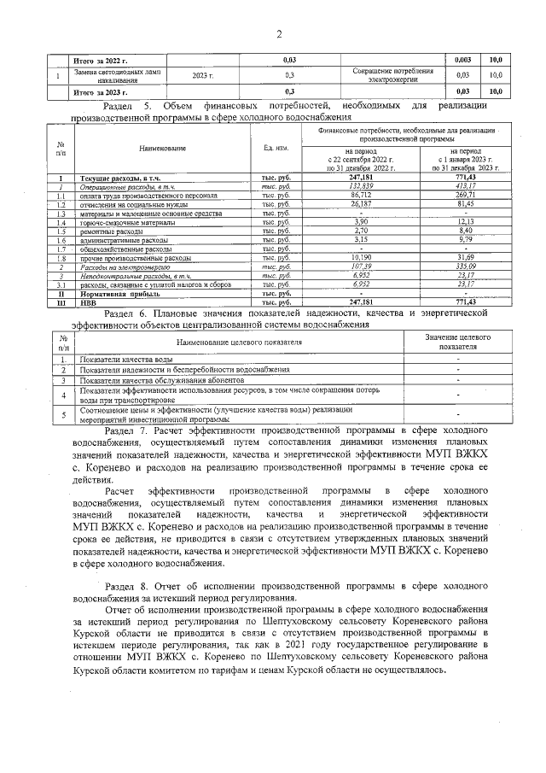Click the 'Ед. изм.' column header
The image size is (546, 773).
pos(276,148)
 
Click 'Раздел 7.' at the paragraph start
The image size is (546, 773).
pos(126,433)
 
